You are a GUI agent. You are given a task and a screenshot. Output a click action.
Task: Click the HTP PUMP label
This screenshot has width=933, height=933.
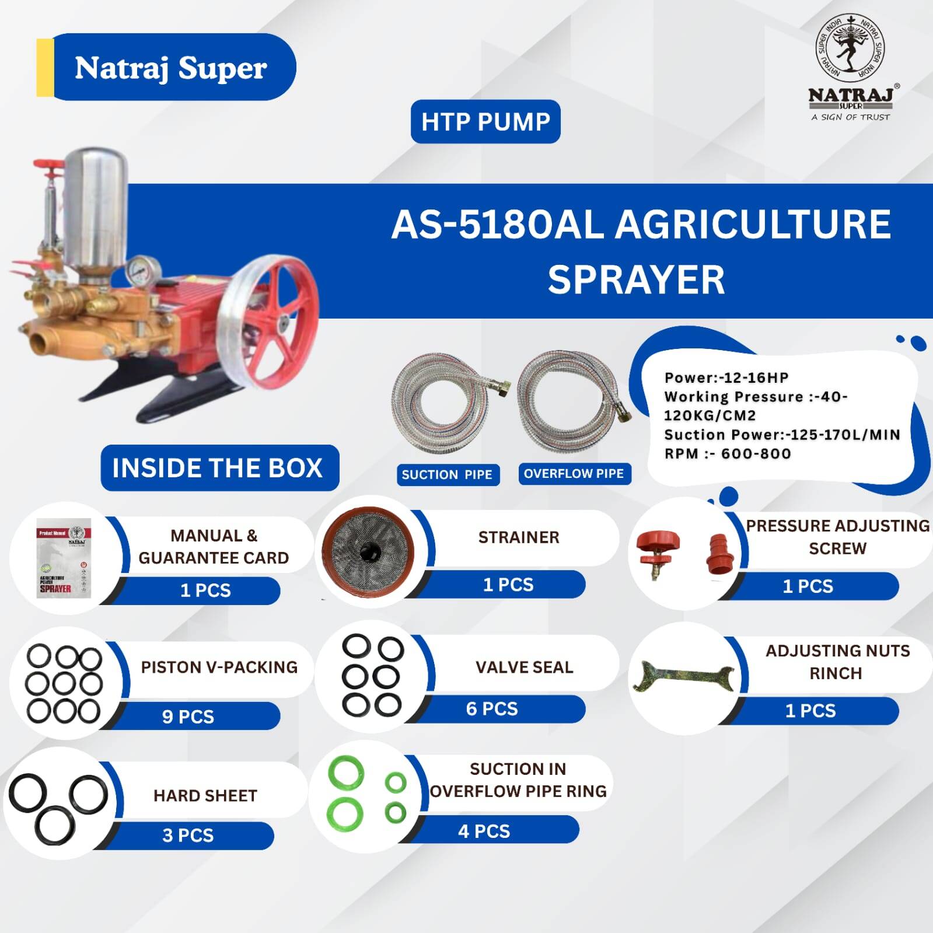(485, 121)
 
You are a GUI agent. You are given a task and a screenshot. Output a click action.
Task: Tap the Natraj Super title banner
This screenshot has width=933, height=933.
(166, 67)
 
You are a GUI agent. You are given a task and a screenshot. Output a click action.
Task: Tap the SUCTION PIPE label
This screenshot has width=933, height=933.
(447, 474)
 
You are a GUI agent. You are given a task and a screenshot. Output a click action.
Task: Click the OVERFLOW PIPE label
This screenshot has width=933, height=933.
(574, 473)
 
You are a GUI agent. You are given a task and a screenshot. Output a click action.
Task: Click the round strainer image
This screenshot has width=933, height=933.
(368, 550)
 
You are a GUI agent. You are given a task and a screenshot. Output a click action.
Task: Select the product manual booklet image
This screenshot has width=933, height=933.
(64, 557)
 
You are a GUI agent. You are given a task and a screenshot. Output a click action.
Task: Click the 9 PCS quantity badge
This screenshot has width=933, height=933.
(188, 716)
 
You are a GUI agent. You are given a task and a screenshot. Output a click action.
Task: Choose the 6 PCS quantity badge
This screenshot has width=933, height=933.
(492, 708)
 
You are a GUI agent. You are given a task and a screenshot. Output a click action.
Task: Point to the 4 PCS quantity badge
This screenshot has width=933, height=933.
(484, 831)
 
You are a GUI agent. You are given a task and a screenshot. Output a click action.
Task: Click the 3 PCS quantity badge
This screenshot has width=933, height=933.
(188, 835)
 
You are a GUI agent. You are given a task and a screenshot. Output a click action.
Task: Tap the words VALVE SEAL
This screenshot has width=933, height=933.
(524, 667)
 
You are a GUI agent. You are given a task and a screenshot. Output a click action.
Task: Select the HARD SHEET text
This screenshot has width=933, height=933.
(205, 795)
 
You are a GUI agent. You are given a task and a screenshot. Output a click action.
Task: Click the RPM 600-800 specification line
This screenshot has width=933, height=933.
(728, 453)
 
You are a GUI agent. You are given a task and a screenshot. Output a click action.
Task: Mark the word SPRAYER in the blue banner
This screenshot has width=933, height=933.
(636, 279)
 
